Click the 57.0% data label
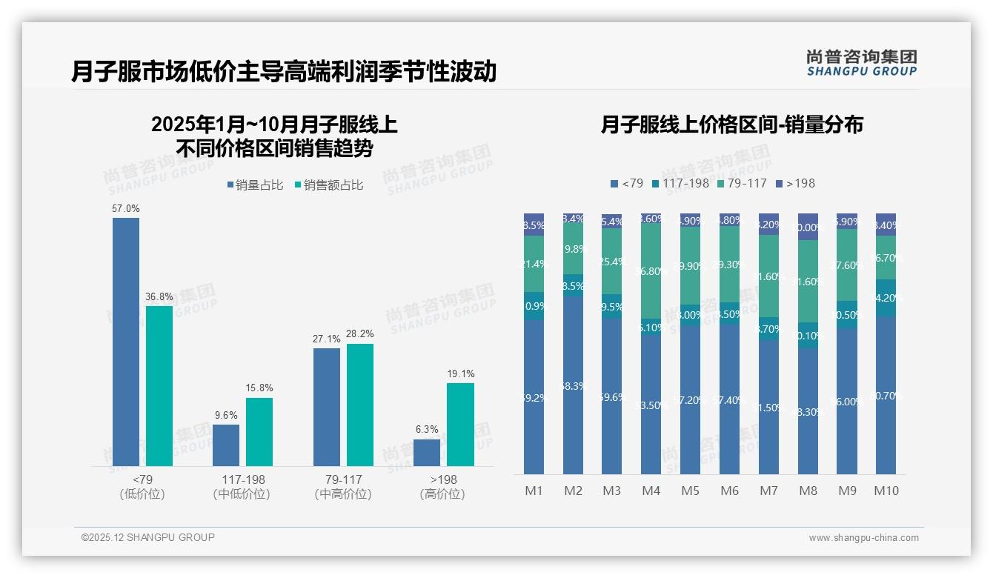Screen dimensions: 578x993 tap(125, 209)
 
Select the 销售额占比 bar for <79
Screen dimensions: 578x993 tap(159, 385)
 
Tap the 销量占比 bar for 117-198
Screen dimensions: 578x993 tap(226, 445)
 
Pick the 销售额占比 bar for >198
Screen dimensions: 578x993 tap(460, 424)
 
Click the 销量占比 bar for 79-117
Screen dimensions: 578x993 tap(327, 407)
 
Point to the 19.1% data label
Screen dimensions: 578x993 tap(460, 374)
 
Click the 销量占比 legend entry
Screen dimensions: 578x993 tap(255, 185)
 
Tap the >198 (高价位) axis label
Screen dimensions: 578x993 tap(442, 487)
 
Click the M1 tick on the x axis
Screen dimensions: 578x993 tap(534, 491)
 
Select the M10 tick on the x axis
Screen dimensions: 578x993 tap(886, 491)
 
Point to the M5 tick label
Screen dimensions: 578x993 tap(690, 491)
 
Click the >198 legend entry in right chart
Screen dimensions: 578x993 tap(795, 183)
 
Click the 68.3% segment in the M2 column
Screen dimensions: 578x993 tap(573, 385)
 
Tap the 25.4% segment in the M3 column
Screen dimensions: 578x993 tap(612, 261)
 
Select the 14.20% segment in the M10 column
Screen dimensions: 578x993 tap(886, 298)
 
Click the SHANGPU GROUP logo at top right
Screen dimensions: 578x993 tap(861, 62)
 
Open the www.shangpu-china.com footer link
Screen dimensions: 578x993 tap(863, 538)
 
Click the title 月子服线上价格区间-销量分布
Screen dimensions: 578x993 tap(731, 125)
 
